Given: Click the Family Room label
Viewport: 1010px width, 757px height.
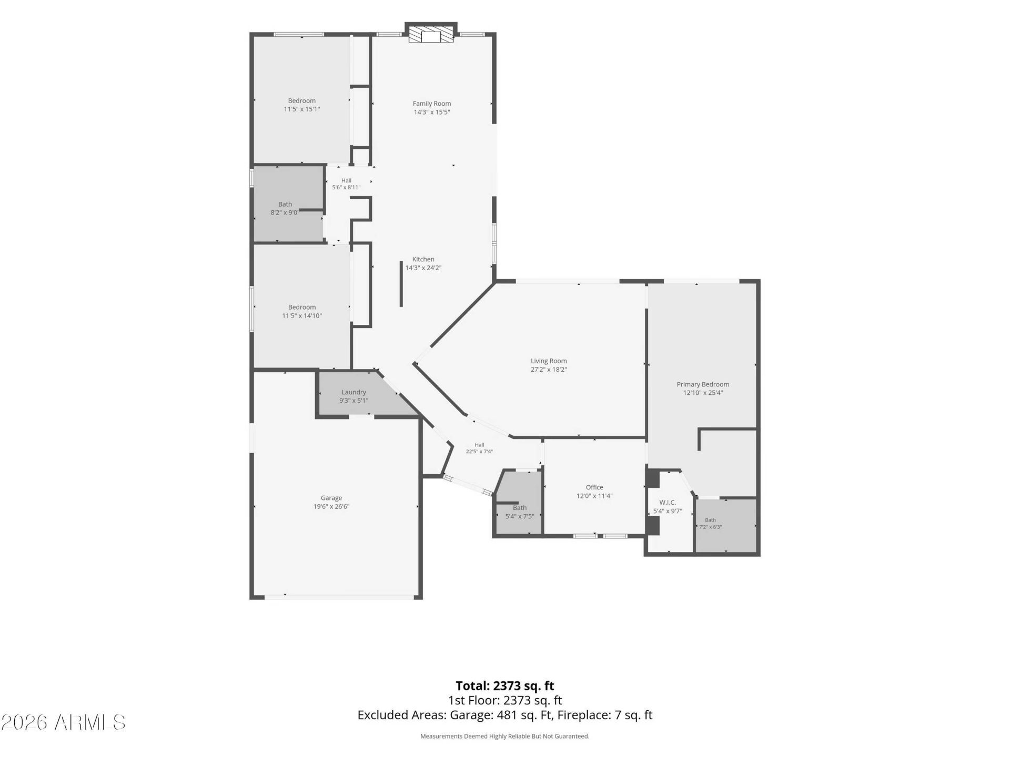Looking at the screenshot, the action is tap(432, 104).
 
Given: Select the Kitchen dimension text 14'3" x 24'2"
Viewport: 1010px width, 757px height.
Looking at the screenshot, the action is tap(423, 268).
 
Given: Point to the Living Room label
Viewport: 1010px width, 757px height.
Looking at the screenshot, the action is tap(549, 361).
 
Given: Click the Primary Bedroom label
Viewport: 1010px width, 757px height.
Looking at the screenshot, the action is tap(703, 384).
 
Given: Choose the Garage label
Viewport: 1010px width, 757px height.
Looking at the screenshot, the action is tap(331, 498).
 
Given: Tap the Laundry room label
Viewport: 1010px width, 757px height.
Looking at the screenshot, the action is tap(353, 392).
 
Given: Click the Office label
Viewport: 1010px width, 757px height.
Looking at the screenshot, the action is tap(594, 487).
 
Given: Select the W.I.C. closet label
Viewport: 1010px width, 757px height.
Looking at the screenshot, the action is tap(668, 503).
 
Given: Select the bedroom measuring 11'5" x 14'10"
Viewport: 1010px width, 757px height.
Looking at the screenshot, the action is tap(302, 308).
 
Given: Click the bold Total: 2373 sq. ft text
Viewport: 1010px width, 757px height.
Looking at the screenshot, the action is tap(505, 686).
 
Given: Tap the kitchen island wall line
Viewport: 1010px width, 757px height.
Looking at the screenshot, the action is tap(401, 284).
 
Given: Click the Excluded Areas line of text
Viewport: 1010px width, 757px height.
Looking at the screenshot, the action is tap(505, 715).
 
